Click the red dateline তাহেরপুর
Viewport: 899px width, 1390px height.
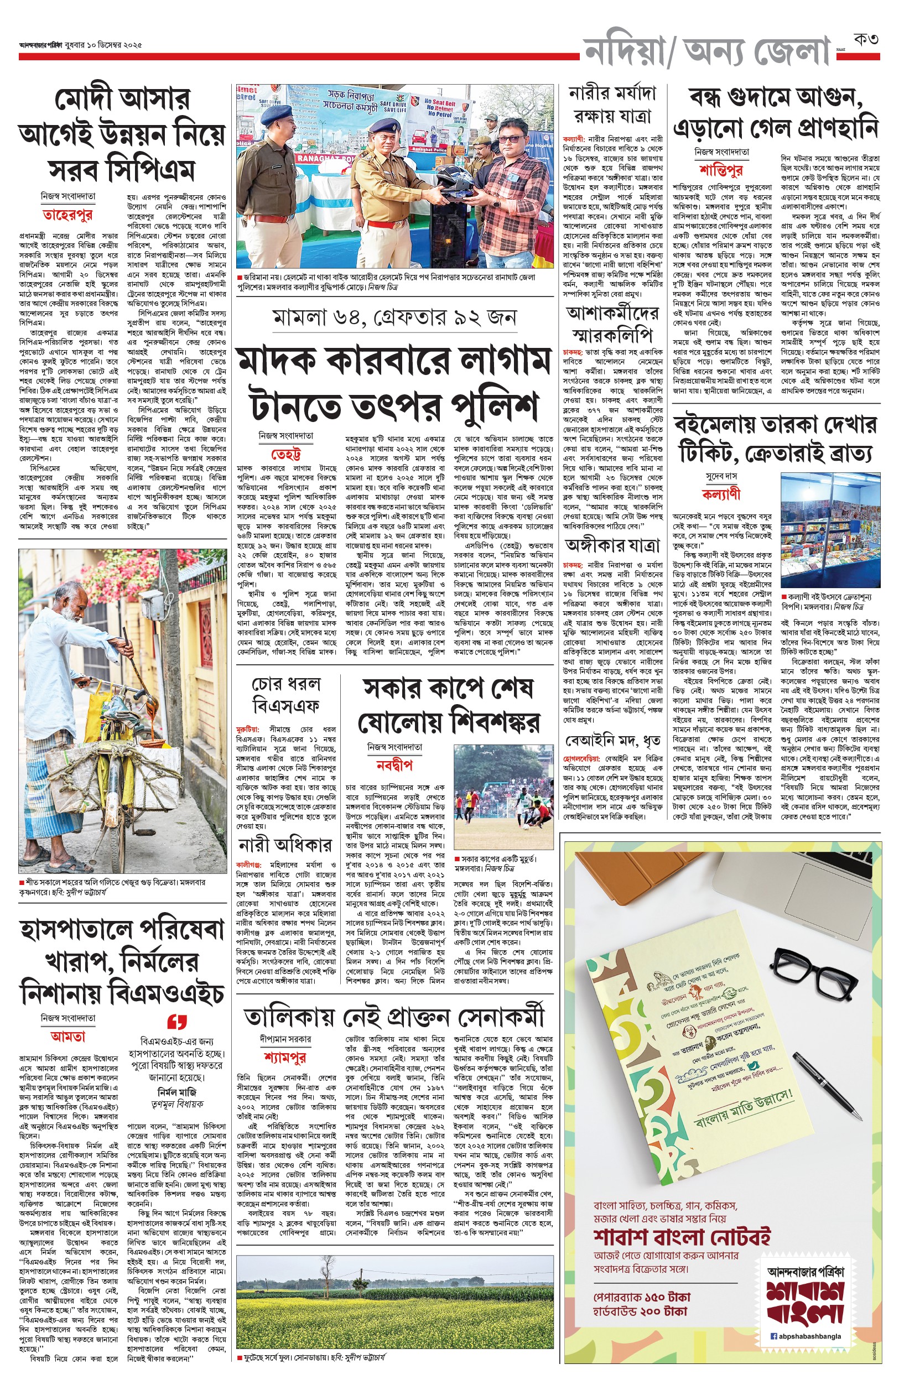67,215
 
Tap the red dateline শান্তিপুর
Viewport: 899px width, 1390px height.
721,170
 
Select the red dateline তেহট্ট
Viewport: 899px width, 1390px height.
285,454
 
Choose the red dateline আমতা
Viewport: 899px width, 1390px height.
67,1037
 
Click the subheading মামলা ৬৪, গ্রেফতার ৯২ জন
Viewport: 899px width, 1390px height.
394,317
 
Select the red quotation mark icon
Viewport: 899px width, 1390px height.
176,1022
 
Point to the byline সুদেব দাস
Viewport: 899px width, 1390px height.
721,477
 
